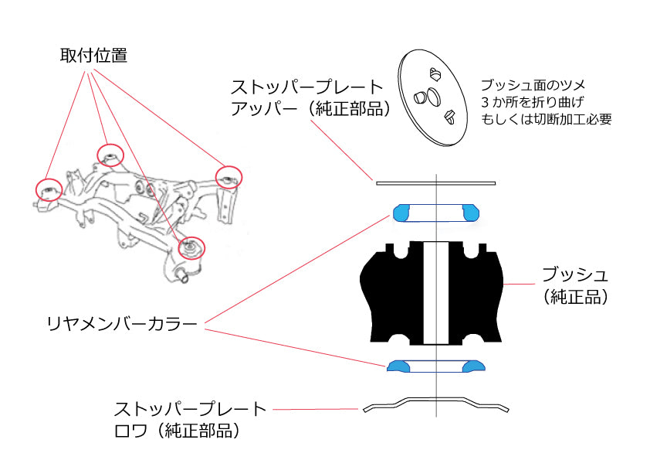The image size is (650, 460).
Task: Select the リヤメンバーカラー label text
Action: click(x=122, y=322)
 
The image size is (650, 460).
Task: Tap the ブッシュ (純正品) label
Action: click(x=574, y=285)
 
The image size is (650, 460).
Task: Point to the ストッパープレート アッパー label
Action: click(x=307, y=97)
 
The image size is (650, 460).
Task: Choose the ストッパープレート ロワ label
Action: click(x=190, y=418)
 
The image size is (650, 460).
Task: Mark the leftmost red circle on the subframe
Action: click(x=49, y=188)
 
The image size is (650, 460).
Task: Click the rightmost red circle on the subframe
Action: click(x=229, y=176)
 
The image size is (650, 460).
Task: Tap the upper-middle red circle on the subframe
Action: click(x=110, y=155)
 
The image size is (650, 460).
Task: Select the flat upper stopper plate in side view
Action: click(x=435, y=183)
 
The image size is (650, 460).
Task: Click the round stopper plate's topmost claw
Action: click(x=434, y=73)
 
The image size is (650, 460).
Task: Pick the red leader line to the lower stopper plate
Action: click(x=317, y=409)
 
